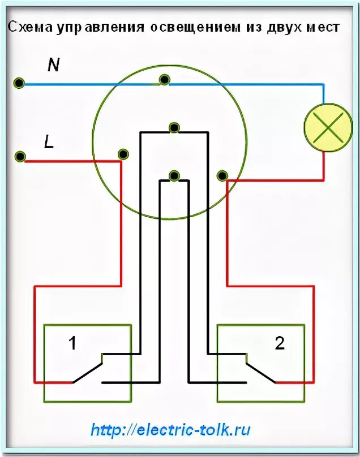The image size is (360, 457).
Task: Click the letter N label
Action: pos(53,66)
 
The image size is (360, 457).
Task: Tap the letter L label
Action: pos(49,143)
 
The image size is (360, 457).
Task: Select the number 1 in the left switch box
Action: pos(72,343)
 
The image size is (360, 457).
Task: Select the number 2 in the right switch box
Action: pos(279,343)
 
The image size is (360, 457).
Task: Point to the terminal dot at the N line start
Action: pos(19,83)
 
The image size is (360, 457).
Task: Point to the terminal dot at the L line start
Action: pos(20,156)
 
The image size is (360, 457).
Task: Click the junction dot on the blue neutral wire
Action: pos(164,79)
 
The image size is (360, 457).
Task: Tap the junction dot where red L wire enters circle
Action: pos(122,154)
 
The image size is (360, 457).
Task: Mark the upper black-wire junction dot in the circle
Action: pos(174,128)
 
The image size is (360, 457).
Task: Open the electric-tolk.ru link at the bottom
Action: pos(170,430)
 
